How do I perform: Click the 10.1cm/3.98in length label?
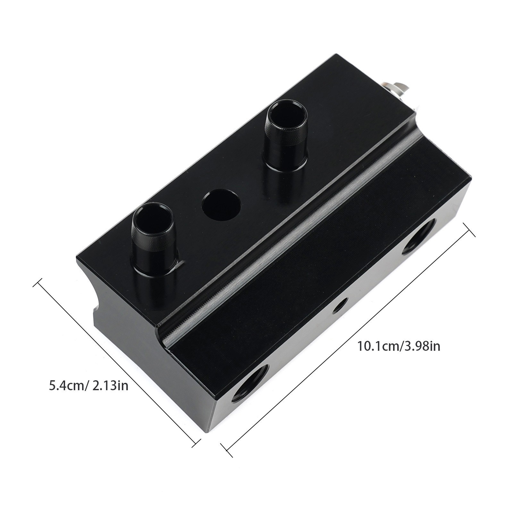(399, 347)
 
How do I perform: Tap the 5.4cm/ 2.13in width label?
(88, 385)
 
